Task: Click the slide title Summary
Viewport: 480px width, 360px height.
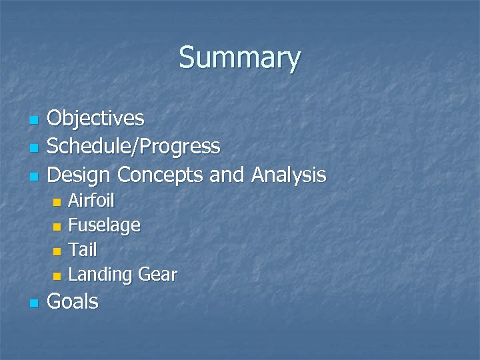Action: [x=239, y=58]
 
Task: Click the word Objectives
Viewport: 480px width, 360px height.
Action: [x=96, y=119]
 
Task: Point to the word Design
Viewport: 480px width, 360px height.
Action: [x=79, y=175]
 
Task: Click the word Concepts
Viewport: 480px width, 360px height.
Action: [x=161, y=175]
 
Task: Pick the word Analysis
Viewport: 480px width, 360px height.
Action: [x=288, y=175]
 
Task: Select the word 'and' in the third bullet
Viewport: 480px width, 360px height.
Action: [x=228, y=175]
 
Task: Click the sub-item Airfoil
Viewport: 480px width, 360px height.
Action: [x=91, y=201]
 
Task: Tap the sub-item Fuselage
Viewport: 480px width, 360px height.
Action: [x=104, y=225]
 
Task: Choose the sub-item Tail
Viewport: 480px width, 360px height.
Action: [x=83, y=250]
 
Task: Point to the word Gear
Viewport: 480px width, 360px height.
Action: [x=157, y=275]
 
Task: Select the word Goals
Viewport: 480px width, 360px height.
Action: [x=73, y=302]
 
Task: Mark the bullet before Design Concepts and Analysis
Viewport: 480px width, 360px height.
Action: [x=33, y=177]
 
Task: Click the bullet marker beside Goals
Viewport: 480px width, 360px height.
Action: [x=33, y=304]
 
